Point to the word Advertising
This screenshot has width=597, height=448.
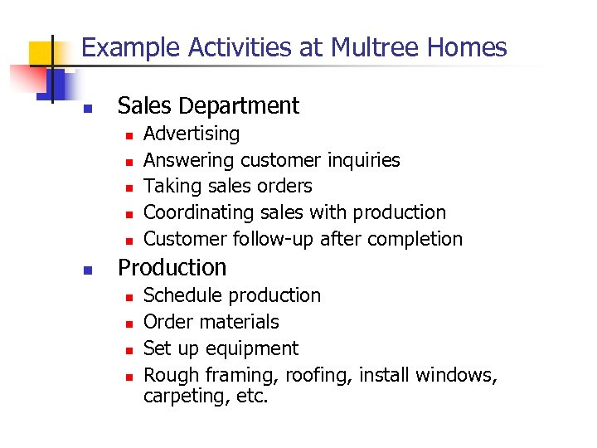coord(192,134)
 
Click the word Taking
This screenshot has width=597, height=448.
coord(170,186)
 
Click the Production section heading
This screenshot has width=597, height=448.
coord(172,267)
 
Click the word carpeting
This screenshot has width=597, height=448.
coord(182,397)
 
